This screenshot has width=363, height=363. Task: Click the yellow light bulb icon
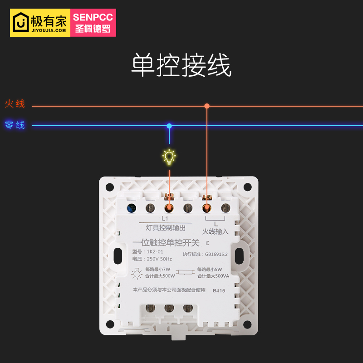(x=169, y=157)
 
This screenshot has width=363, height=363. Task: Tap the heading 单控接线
(x=181, y=65)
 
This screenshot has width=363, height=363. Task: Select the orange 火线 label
(x=15, y=104)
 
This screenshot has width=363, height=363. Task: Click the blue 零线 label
(x=15, y=125)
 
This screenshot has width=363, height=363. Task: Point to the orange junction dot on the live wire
(x=207, y=106)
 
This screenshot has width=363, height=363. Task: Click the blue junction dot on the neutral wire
(x=169, y=126)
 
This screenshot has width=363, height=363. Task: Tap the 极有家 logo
(x=40, y=22)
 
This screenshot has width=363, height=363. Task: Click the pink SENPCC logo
(x=93, y=22)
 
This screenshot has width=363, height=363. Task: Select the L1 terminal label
(x=165, y=218)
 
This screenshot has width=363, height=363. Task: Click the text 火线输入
(x=215, y=232)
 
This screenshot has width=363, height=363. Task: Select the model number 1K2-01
(x=154, y=251)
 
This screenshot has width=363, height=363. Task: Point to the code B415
(x=219, y=291)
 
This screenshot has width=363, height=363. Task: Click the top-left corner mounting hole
(x=110, y=186)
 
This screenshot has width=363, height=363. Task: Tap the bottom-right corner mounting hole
(x=247, y=324)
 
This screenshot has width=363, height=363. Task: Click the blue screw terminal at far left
(x=131, y=208)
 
